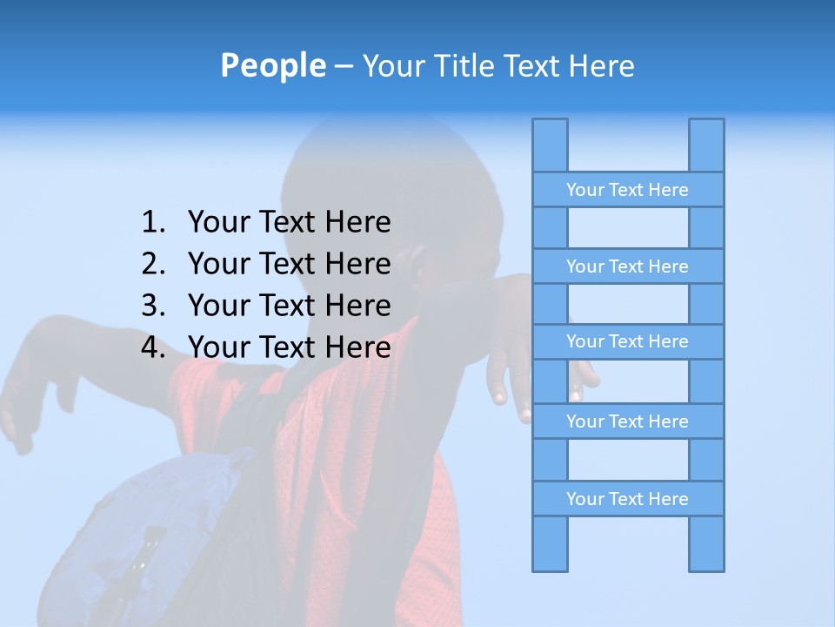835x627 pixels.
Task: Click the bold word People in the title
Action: click(272, 65)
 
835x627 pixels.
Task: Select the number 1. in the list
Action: click(153, 223)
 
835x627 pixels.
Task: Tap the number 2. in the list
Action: click(153, 264)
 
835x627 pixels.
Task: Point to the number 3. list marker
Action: click(153, 306)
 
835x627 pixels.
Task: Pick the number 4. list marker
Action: click(153, 347)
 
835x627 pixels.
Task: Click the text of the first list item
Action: click(289, 223)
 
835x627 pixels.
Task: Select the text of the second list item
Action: click(289, 264)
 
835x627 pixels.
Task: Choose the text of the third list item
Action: click(289, 306)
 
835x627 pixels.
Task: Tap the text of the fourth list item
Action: click(289, 347)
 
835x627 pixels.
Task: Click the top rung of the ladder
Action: click(627, 190)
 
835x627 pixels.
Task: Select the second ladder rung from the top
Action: click(627, 266)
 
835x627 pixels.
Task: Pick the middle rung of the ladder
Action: click(627, 341)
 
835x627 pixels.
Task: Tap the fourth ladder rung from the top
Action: click(627, 421)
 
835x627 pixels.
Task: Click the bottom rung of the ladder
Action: click(627, 499)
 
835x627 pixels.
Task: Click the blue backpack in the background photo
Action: click(148, 531)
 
